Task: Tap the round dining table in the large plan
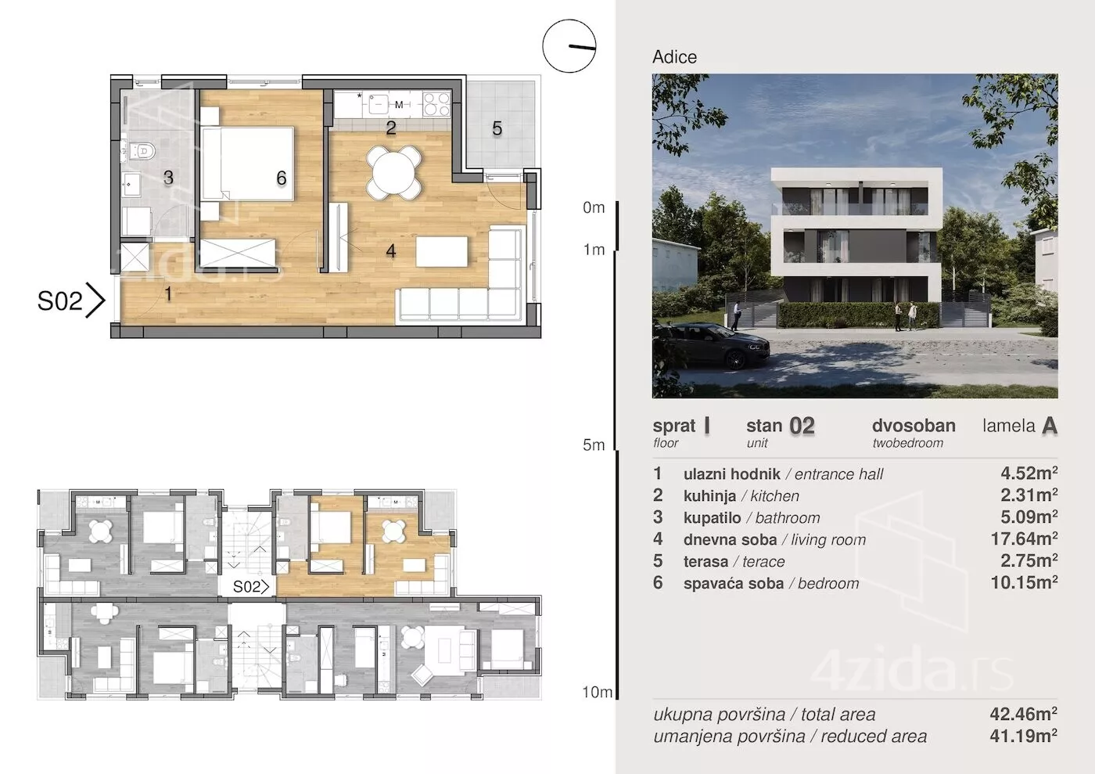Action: (x=393, y=173)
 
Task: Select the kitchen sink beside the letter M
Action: (x=378, y=104)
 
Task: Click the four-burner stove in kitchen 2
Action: (x=436, y=104)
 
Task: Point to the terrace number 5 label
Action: (x=497, y=128)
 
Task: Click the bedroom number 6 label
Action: (x=281, y=178)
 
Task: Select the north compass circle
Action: (x=569, y=46)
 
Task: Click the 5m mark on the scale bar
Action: (x=594, y=445)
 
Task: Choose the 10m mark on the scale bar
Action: (x=597, y=693)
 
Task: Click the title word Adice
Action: (x=674, y=57)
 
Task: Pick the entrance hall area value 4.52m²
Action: (x=1029, y=473)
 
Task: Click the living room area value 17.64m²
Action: (x=1024, y=538)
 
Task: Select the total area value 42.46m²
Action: (x=1023, y=714)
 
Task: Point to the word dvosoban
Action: (x=914, y=426)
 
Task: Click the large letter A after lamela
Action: (x=1050, y=427)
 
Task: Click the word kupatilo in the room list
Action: (x=713, y=517)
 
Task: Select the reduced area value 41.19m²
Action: (x=1023, y=736)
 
